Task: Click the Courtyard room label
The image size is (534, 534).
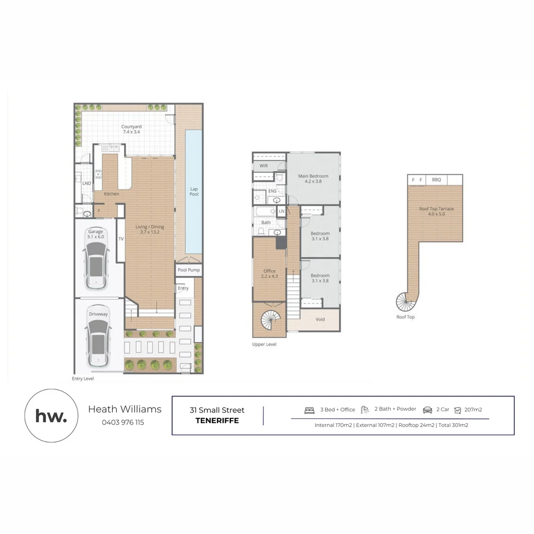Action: tap(132, 127)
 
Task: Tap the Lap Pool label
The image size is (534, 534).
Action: tap(194, 191)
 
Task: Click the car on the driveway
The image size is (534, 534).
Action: tap(98, 342)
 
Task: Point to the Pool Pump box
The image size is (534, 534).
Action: tap(189, 270)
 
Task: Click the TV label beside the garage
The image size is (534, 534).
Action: tap(121, 239)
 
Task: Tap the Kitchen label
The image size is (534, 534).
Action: tap(111, 194)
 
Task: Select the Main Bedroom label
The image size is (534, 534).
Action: tap(313, 176)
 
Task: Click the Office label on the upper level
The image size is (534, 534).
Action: tap(269, 271)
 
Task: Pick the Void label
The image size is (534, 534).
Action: tap(320, 319)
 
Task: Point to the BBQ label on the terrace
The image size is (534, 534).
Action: tap(436, 180)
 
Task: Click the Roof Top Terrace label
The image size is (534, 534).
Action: tap(436, 209)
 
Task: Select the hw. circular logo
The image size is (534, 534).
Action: tap(51, 415)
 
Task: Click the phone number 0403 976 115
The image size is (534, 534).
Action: tap(123, 422)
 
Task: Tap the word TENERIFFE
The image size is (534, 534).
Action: tap(217, 421)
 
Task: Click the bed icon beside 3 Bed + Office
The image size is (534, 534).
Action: tap(310, 410)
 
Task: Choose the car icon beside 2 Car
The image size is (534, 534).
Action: tap(427, 410)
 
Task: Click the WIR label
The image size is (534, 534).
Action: tap(264, 166)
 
